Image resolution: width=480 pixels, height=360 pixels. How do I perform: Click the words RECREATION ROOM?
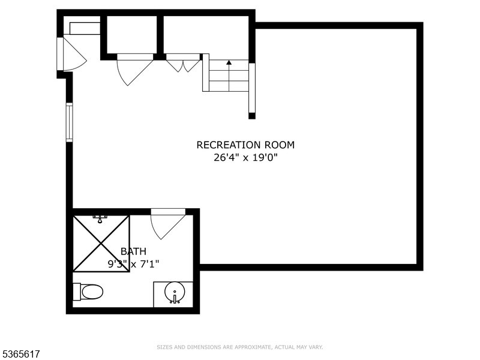[x=245, y=145]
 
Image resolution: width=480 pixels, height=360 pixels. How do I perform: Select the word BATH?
[x=133, y=251]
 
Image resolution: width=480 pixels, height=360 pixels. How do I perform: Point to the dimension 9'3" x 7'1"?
[x=133, y=263]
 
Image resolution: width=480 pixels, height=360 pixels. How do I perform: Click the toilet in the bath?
[x=91, y=292]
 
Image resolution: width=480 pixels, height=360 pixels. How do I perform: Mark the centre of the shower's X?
[x=101, y=243]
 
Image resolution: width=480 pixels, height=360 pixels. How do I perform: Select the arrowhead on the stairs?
[x=229, y=62]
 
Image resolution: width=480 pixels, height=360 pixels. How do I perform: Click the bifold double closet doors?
[x=183, y=64]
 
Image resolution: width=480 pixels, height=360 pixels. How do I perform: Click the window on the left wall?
[x=69, y=122]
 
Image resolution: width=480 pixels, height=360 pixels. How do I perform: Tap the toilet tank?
[x=76, y=292]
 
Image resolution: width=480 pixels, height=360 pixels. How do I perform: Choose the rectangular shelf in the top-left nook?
[x=84, y=29]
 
